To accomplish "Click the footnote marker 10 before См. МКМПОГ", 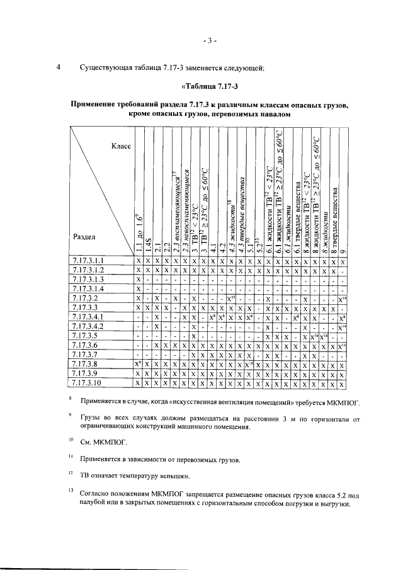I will coord(71,441).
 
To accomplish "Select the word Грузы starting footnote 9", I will coord(92,418).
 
